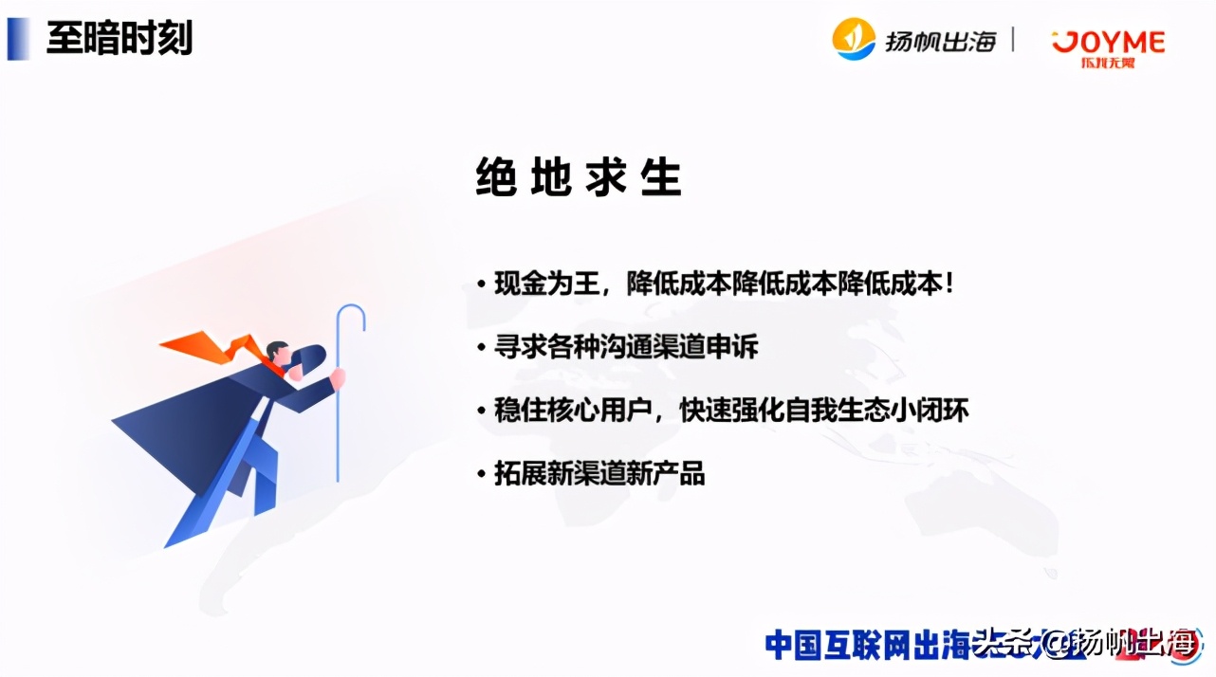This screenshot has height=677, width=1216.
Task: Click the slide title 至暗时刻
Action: click(120, 40)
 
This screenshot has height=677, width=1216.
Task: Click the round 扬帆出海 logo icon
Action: click(854, 39)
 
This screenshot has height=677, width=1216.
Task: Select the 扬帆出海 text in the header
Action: click(941, 41)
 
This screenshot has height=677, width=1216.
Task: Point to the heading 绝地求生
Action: click(579, 177)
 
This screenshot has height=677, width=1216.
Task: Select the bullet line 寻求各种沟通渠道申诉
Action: click(626, 347)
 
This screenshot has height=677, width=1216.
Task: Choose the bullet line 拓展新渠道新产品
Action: click(599, 473)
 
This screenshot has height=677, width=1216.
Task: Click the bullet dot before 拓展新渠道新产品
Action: click(482, 474)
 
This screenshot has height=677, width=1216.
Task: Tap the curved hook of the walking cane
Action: click(350, 316)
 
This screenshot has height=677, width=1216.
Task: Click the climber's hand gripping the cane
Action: click(338, 378)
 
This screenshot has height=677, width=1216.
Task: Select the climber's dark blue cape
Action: click(190, 427)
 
